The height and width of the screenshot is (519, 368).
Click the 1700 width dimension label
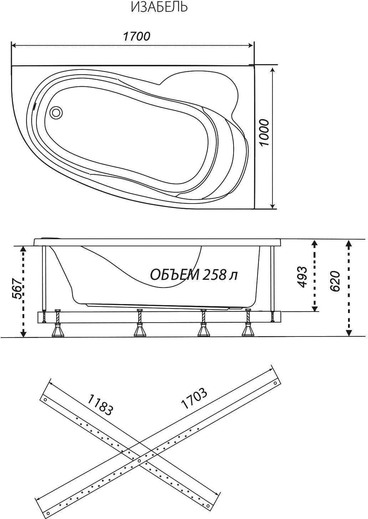[137, 36]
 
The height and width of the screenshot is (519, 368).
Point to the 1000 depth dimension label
[264, 133]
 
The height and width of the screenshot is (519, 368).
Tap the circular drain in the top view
[56, 113]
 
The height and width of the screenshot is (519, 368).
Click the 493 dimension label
[302, 277]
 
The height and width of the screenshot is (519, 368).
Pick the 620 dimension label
[335, 281]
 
